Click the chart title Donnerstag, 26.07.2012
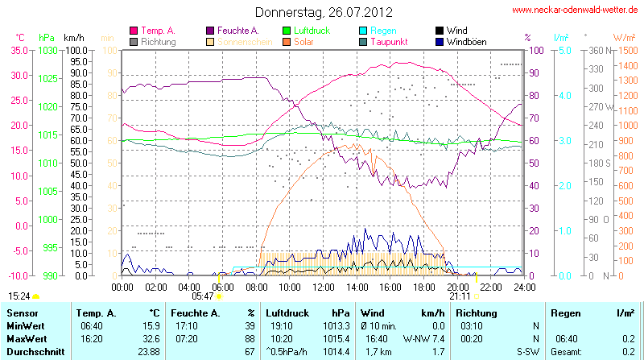[x=324, y=12]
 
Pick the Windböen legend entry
[x=466, y=41]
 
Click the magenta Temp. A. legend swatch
[x=133, y=31]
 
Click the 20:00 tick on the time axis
[x=457, y=286]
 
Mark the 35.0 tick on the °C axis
[x=17, y=50]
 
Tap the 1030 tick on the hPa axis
[x=47, y=50]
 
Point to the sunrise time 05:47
[x=204, y=296]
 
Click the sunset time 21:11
[x=460, y=296]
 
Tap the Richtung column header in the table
[x=476, y=312]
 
